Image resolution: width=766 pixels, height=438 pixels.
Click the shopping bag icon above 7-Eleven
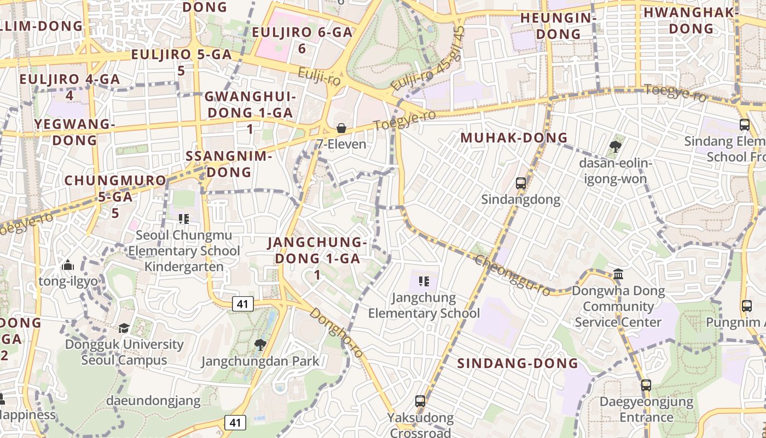tap(341, 128)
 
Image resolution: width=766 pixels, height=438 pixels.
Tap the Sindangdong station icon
tap(521, 183)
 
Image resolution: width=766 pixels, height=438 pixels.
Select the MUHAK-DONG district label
tap(514, 137)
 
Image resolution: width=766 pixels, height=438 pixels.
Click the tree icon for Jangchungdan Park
tap(260, 344)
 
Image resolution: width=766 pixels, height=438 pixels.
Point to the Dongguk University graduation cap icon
tap(124, 328)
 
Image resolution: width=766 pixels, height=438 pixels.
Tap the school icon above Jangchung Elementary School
tap(423, 281)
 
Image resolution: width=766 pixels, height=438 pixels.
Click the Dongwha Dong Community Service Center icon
tap(618, 274)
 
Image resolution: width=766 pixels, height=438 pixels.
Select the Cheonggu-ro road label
tap(512, 275)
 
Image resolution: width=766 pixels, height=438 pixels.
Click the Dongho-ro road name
tap(336, 332)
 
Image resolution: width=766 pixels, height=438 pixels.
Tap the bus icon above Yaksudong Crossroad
tap(420, 401)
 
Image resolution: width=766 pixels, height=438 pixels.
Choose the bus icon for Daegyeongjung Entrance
tap(646, 385)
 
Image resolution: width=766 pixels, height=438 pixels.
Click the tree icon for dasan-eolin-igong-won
tap(615, 146)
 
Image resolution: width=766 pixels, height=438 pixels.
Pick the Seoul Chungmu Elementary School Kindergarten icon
tap(184, 219)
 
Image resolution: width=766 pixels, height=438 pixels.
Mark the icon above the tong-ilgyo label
tap(68, 266)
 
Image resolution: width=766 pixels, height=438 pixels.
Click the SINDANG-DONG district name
tap(518, 363)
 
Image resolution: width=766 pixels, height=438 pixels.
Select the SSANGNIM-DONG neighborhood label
tap(229, 164)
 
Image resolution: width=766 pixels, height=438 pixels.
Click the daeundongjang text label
tap(153, 401)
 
